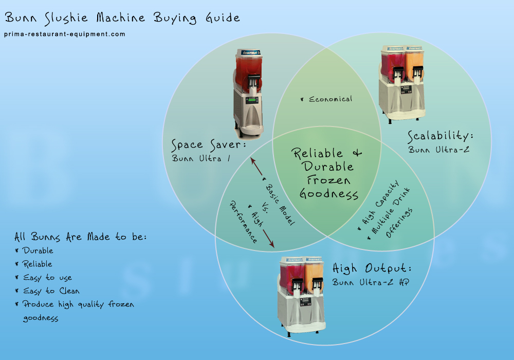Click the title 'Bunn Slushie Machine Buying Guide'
[122, 18]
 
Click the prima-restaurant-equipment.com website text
[65, 34]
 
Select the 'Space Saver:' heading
[209, 145]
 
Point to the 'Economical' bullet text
[329, 99]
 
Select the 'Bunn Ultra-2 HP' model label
[367, 282]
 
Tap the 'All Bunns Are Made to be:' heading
[81, 238]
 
